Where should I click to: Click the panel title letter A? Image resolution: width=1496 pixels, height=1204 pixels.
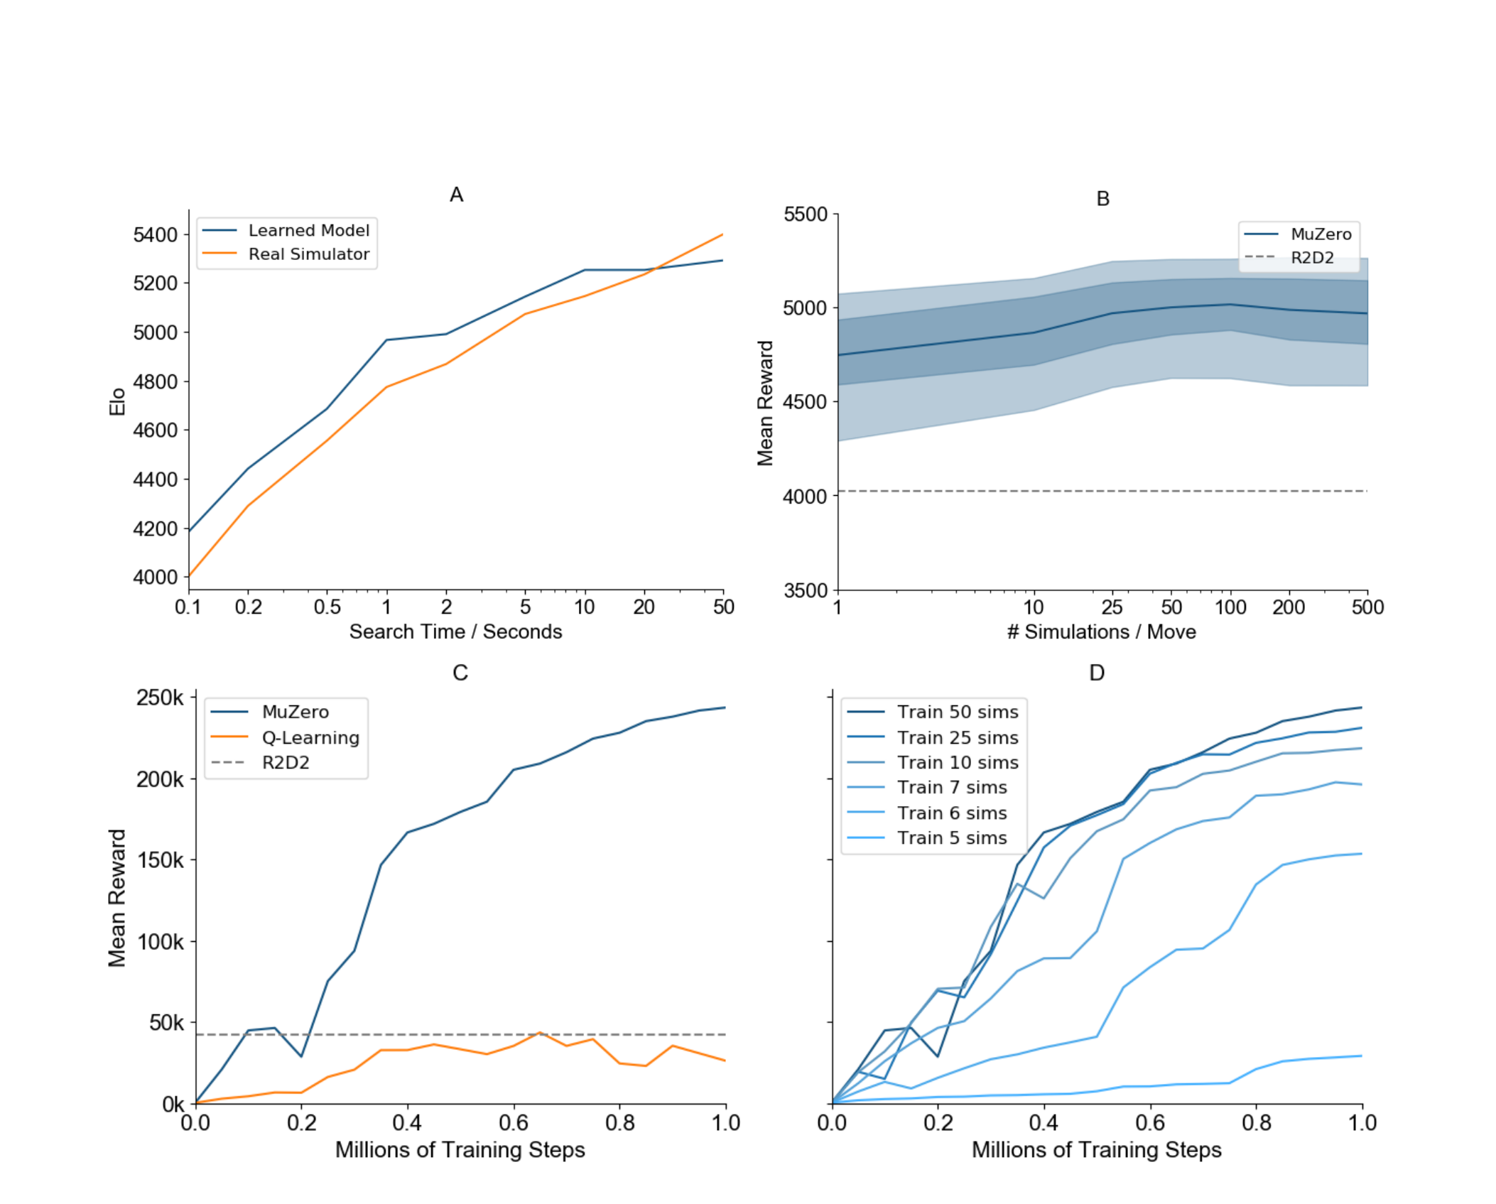pos(456,195)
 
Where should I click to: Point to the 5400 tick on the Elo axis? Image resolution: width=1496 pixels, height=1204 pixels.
pos(156,234)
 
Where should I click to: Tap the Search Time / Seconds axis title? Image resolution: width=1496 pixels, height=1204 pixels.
pos(455,631)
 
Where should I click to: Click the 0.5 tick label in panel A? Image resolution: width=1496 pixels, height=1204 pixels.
pos(327,607)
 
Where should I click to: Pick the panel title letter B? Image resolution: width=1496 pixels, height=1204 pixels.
pos(1102,199)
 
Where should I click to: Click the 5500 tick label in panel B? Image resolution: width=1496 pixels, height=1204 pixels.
pos(806,215)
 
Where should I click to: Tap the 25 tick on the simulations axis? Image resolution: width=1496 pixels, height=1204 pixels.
pos(1112,607)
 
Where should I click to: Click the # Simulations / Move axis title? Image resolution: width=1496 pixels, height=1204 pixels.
pos(1101,631)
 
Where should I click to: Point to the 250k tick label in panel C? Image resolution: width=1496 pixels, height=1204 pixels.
pos(160,698)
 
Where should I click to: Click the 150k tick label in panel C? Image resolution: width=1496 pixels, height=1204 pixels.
pos(160,860)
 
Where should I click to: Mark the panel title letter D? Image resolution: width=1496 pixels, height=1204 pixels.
pos(1097,673)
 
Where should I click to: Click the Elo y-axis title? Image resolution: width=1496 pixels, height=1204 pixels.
pos(117,401)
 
